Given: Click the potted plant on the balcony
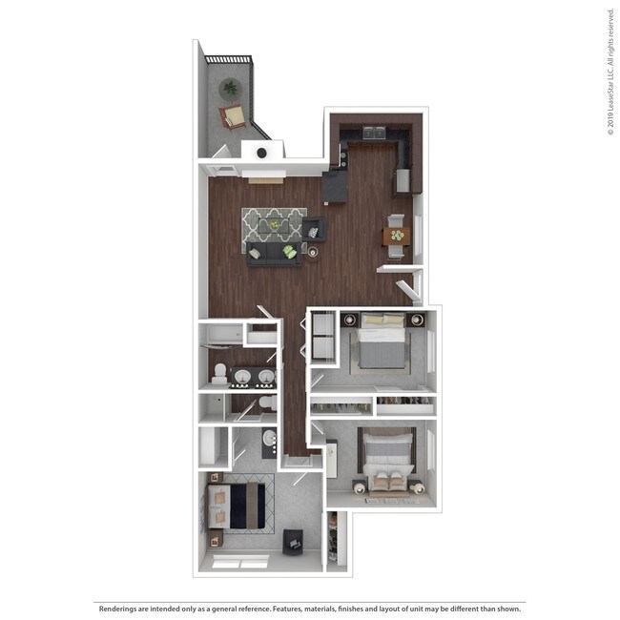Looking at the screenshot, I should tap(229, 89).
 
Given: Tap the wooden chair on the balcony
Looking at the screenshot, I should tap(233, 116).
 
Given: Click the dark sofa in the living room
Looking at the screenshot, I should tap(273, 253).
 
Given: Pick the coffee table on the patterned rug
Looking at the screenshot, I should tap(276, 225).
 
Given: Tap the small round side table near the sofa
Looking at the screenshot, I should tap(312, 251).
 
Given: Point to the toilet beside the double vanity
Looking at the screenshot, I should tap(219, 373).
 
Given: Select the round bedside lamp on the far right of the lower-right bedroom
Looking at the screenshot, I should tap(417, 488).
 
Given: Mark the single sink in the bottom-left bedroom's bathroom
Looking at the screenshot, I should tap(270, 441).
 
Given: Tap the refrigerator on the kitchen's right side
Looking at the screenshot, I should tap(403, 179).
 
